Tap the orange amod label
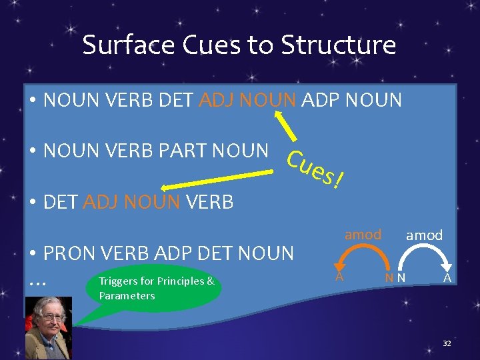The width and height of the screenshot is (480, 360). point(363,234)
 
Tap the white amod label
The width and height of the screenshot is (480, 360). point(424,235)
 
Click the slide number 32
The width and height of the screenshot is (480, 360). point(447,343)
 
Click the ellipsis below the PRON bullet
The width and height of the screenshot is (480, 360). point(38,283)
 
